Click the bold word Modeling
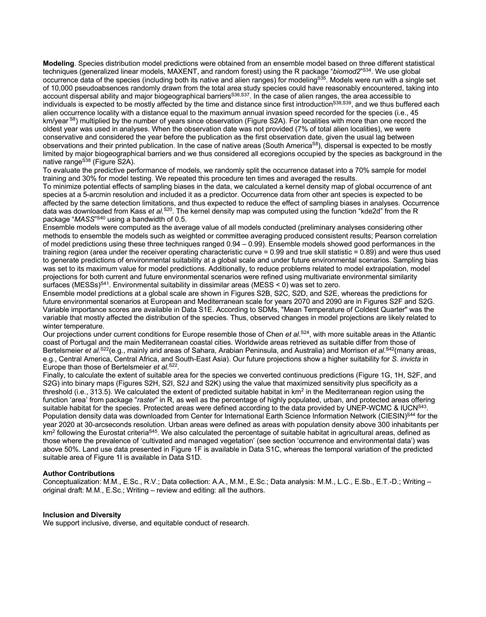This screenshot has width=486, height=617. (x=58, y=63)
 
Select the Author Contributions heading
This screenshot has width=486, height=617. (x=78, y=473)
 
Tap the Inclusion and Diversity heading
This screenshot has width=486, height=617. (x=81, y=515)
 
